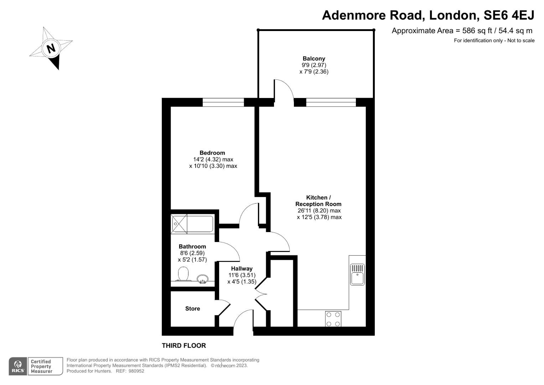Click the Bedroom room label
point(212,153)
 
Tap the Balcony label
point(314,58)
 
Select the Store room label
point(192,309)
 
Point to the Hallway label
point(242,268)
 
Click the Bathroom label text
point(192,246)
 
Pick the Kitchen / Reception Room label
point(318,201)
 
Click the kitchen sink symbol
point(357,274)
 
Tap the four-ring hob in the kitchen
point(333,319)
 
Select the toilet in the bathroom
point(183,274)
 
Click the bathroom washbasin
point(203,279)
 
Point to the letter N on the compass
point(51,48)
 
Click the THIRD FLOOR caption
point(184,345)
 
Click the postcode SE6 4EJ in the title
point(508,15)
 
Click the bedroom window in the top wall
point(223,102)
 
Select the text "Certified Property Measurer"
point(41,366)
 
